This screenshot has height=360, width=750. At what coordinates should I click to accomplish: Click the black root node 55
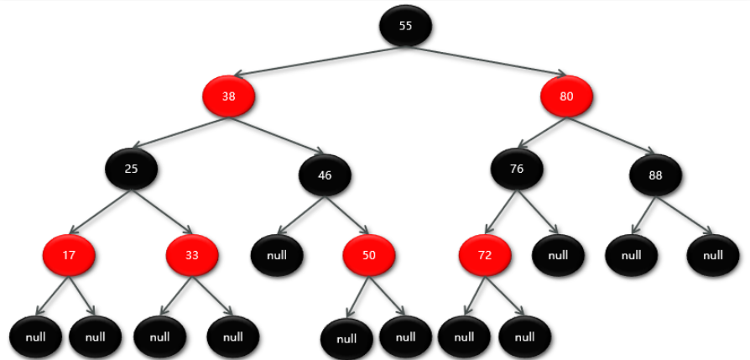point(405,26)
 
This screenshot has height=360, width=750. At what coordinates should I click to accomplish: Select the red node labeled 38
point(228,97)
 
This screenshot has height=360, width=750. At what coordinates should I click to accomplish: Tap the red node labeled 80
point(566,97)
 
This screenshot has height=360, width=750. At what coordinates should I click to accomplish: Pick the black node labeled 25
point(131,169)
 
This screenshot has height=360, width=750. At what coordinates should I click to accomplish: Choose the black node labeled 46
point(325,175)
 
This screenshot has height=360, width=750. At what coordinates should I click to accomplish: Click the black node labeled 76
point(517,169)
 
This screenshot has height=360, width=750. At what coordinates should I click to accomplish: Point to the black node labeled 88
point(656,175)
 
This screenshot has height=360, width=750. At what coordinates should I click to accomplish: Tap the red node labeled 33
point(192,255)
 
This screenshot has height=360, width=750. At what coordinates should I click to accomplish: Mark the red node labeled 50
point(369,255)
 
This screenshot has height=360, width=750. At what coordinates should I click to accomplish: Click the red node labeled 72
point(485,255)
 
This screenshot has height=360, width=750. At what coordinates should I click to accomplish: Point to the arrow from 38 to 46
point(277,135)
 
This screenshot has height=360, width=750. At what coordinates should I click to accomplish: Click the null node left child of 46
point(277,255)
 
